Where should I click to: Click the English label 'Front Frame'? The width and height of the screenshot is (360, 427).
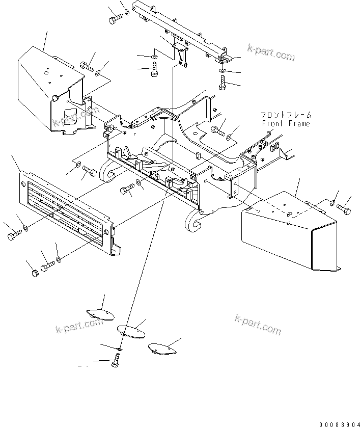click(x=286, y=124)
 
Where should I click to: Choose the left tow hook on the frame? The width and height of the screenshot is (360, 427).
click(x=107, y=172)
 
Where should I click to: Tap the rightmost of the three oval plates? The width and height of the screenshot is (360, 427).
click(x=162, y=348)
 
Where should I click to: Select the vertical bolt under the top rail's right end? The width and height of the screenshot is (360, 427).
click(x=223, y=82)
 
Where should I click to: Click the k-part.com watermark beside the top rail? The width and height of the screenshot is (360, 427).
click(x=271, y=52)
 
